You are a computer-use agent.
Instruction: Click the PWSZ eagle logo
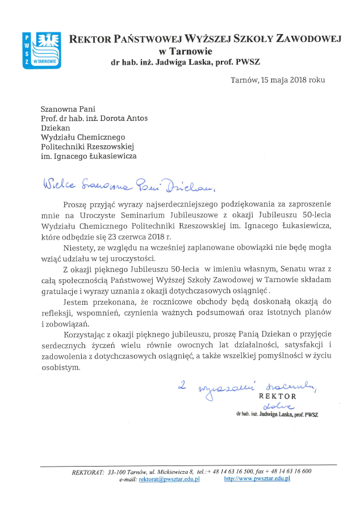tap(41, 49)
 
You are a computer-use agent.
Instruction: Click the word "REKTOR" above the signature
tap(278, 396)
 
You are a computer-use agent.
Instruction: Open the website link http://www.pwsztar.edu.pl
tap(257, 479)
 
